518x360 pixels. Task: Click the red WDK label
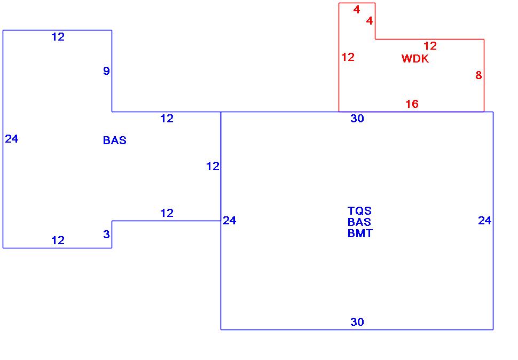tap(415, 59)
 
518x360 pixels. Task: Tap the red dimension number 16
tap(412, 104)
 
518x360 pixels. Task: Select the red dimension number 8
tap(478, 76)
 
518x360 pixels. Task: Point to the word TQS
tap(359, 211)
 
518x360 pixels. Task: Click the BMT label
tap(360, 233)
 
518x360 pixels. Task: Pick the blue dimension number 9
tap(106, 71)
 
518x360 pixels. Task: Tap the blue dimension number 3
tap(106, 234)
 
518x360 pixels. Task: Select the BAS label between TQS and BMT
tap(359, 222)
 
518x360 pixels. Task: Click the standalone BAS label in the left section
tap(115, 140)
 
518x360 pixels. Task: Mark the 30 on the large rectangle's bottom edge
tap(357, 322)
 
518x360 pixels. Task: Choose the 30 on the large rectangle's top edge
tap(357, 119)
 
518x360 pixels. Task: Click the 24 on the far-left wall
tap(12, 139)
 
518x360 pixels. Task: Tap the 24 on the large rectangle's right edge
tap(484, 221)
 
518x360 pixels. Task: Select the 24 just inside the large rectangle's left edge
tap(230, 221)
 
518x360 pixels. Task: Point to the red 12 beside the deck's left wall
tap(348, 57)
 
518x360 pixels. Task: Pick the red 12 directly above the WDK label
tap(430, 46)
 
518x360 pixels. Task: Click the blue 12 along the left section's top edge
tap(58, 37)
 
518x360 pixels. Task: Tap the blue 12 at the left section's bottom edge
tap(58, 240)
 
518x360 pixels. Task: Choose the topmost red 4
tap(357, 10)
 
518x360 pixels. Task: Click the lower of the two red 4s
tap(369, 21)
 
